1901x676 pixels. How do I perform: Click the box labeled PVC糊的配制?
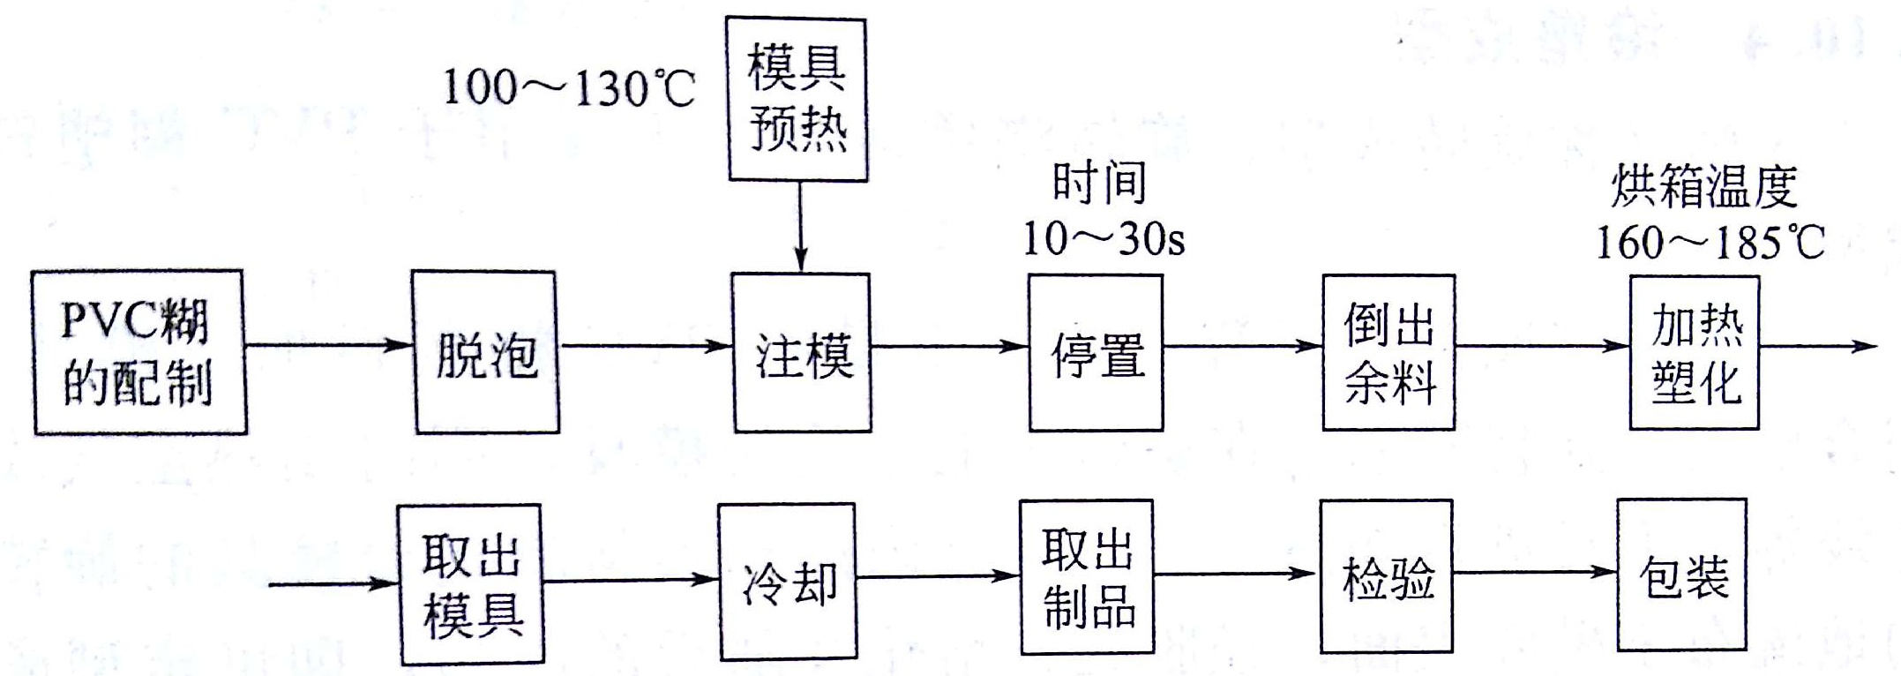139,352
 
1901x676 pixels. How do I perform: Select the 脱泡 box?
486,352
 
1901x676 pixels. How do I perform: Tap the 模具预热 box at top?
797,100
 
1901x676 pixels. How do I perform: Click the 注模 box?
802,352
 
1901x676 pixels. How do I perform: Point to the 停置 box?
1096,352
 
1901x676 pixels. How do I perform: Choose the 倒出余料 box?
1388,352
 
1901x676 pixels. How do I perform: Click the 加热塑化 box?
1694,352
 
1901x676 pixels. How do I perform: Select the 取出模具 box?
470,584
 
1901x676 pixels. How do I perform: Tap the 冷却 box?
787,582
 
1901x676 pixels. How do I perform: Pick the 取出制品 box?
1087,577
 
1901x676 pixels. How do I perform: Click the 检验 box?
1386,576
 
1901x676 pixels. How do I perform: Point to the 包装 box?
1681,575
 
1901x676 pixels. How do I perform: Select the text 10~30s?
1103,238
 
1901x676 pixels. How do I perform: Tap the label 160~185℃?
1710,242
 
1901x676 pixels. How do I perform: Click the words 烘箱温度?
1704,187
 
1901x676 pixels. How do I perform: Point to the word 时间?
1099,184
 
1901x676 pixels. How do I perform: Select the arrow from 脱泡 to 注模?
647,346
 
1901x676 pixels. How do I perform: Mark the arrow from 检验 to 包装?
1534,573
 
